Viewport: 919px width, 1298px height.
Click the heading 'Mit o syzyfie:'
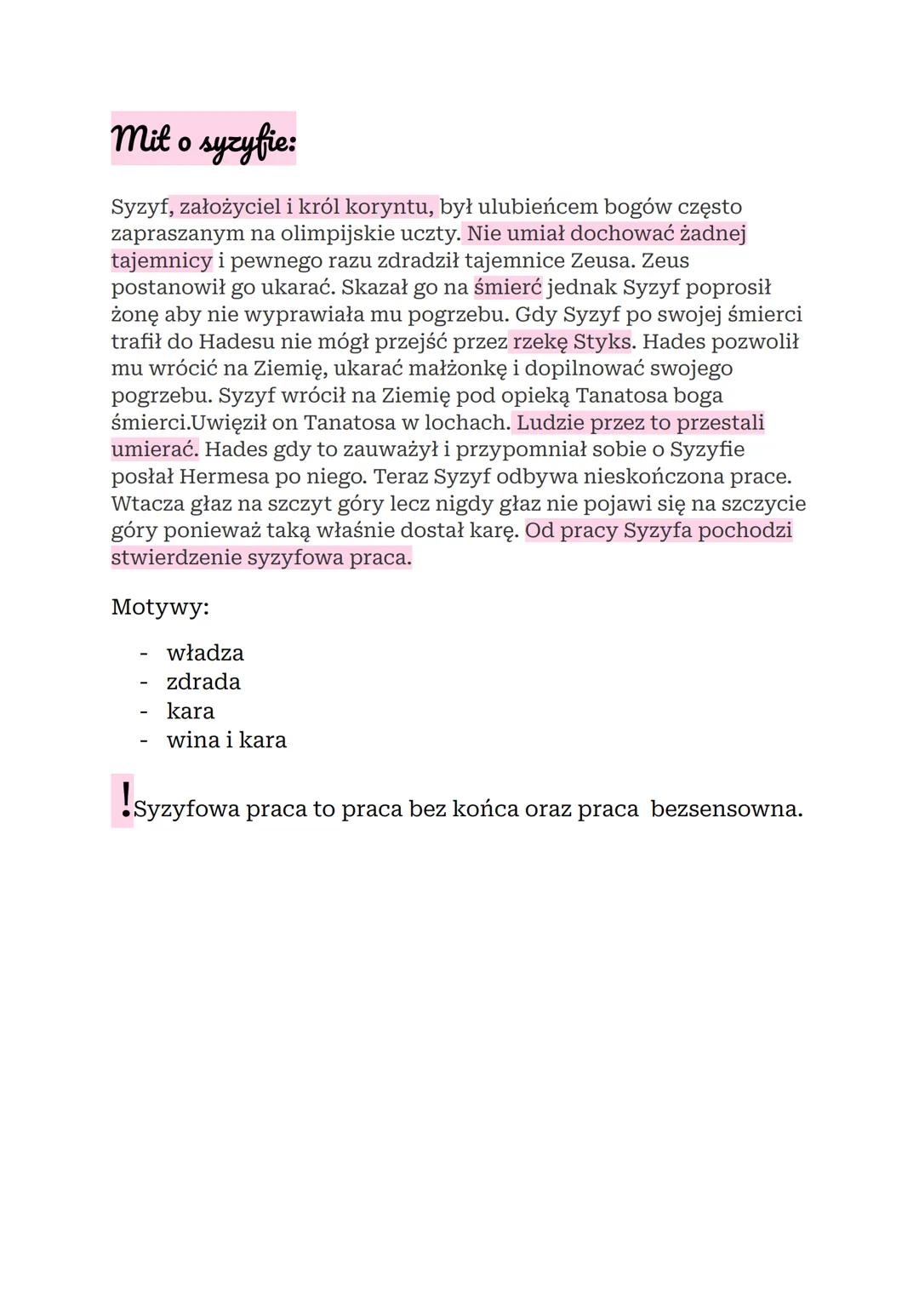(x=203, y=139)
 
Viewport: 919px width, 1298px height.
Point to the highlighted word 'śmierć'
(x=507, y=288)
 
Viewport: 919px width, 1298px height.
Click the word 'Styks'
(x=602, y=342)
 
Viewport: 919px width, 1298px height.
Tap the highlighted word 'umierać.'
(x=154, y=449)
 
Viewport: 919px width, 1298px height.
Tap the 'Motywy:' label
(x=160, y=608)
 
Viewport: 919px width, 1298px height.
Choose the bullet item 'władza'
(x=205, y=654)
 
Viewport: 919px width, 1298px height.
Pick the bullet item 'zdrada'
(x=203, y=683)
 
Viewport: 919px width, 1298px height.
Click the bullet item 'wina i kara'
(x=226, y=740)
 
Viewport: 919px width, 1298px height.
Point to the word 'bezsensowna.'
(x=726, y=809)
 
